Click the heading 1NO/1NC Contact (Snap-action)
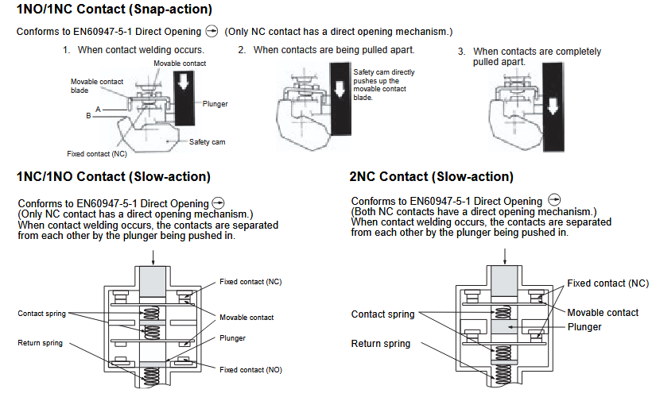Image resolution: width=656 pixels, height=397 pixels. click(114, 10)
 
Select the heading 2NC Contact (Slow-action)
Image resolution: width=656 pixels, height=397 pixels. click(431, 176)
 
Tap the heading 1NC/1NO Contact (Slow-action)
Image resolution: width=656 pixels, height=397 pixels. click(113, 176)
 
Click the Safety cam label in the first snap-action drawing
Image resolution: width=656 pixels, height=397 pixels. click(208, 142)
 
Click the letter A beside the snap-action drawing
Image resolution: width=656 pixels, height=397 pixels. click(98, 108)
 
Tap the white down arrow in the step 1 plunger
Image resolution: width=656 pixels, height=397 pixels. click(184, 83)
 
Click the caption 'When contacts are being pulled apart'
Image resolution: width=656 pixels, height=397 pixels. click(333, 50)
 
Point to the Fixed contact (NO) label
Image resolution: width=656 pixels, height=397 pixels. click(250, 369)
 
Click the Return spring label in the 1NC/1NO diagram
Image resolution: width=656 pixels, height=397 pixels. click(41, 343)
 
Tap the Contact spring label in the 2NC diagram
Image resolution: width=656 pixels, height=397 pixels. click(382, 314)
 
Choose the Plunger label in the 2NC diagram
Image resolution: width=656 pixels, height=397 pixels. click(584, 327)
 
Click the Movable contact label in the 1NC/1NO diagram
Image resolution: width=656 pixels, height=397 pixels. click(246, 318)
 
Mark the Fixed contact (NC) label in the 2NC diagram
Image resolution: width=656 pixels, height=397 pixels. click(607, 283)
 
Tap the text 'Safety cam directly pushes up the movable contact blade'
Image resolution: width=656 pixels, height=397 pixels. click(384, 85)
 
